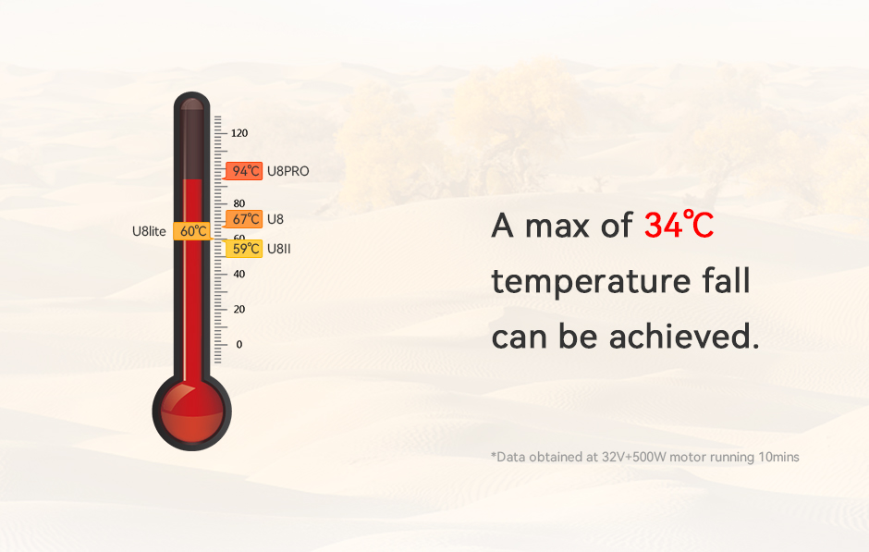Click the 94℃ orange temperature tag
[243, 171]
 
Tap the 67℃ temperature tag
[243, 219]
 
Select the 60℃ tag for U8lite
[193, 231]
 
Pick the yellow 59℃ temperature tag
[243, 249]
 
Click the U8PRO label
[288, 171]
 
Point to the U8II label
[279, 249]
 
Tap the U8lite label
[149, 231]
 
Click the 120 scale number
[239, 133]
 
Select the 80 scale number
[239, 203]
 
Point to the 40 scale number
[239, 274]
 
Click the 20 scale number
[239, 309]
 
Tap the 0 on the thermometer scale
[239, 344]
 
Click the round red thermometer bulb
[191, 411]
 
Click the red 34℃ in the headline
[679, 226]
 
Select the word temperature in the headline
[591, 281]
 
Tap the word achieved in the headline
[684, 337]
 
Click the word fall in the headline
[727, 280]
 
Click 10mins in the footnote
[778, 458]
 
